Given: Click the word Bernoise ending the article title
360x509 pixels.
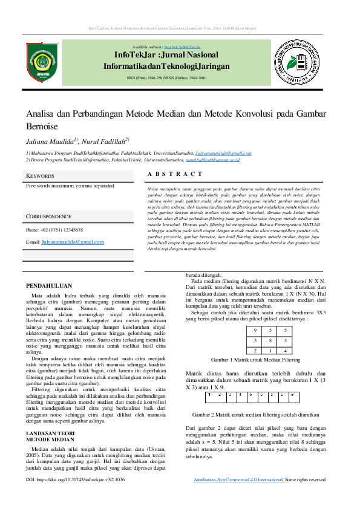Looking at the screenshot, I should [42, 126].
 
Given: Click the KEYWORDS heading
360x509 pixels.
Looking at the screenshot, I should [40, 176].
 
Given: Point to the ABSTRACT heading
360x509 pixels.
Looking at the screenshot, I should [175, 174].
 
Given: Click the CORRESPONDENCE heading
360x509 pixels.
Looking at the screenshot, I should [49, 216].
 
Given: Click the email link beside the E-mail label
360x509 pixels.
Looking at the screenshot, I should [73, 242].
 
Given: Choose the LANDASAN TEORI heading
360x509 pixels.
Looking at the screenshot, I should [50, 433].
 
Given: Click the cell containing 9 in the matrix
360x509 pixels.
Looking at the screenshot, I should [255, 331].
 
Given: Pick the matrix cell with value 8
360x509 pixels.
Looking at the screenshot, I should [270, 340].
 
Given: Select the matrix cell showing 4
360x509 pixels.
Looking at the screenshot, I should [284, 350].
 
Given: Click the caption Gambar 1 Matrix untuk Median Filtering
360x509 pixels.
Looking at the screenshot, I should [255, 359].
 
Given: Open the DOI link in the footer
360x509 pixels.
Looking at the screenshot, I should [76, 479].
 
